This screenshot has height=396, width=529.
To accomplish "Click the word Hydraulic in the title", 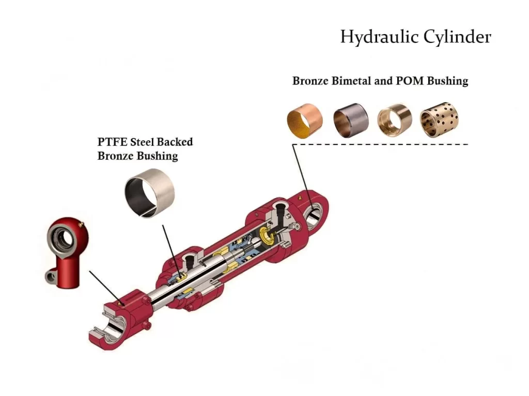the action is [x=379, y=37].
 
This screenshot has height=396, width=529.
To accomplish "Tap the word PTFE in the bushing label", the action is [x=112, y=142].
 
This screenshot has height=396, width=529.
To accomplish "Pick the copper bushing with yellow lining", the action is [x=305, y=121].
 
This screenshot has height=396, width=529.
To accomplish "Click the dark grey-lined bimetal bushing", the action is [x=351, y=120].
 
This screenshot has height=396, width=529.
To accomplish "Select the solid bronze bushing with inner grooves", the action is [x=394, y=120].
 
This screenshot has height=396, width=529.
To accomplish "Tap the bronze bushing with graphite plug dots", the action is [x=439, y=120].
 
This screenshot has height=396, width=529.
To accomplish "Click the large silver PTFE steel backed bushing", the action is [x=149, y=193].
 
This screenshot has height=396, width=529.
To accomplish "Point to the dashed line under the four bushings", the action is [x=380, y=144].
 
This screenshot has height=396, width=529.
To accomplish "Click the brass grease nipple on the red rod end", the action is [x=80, y=224].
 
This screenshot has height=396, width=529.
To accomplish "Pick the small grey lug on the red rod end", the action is [x=51, y=276].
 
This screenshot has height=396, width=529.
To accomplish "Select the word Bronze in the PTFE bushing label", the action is [x=115, y=156].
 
